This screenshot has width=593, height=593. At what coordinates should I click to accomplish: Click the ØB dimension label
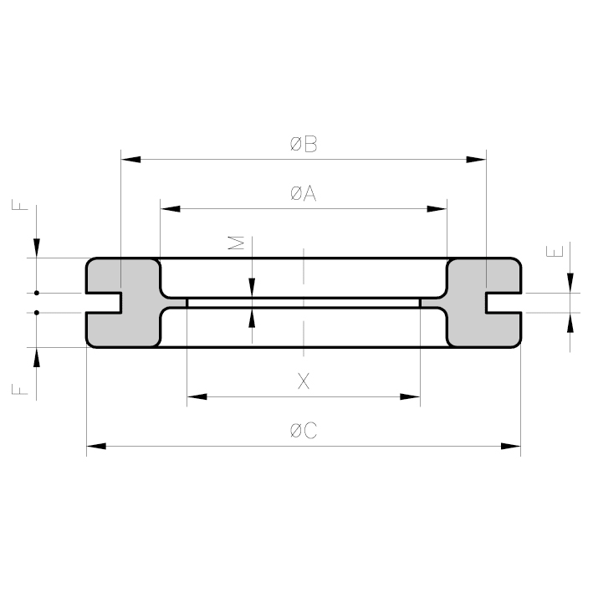click(304, 144)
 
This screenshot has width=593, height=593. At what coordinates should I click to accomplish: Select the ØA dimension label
click(304, 194)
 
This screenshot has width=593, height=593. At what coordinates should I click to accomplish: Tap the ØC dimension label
click(304, 431)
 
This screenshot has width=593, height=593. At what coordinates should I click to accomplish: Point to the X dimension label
click(304, 381)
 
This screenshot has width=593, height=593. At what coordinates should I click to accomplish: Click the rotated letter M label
click(236, 243)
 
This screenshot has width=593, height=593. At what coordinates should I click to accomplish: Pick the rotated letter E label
click(555, 252)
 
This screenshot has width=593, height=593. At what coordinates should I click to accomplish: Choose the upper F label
click(20, 205)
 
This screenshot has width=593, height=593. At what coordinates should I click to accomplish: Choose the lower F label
click(20, 389)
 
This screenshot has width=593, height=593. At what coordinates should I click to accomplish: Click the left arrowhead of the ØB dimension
click(130, 159)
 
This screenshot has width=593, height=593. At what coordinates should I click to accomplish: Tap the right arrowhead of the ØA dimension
click(437, 209)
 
